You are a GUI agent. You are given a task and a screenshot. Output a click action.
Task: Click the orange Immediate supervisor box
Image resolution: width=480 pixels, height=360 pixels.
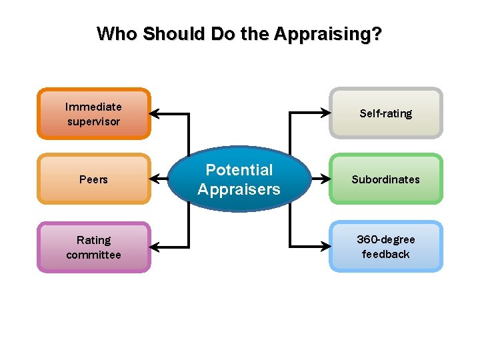click(93, 114)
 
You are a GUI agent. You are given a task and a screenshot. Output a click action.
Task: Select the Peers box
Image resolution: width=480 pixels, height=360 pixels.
click(93, 179)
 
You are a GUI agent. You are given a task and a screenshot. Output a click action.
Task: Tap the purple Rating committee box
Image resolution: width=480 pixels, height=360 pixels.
click(93, 247)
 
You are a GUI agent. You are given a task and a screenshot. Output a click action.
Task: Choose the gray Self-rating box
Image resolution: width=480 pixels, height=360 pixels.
click(386, 113)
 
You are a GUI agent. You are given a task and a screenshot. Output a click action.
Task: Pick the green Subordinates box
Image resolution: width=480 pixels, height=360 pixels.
click(386, 179)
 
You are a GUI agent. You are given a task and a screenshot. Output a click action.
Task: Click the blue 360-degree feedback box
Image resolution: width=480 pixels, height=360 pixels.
click(386, 247)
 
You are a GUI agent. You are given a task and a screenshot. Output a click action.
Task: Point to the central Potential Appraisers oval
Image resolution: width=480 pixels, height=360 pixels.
click(239, 179)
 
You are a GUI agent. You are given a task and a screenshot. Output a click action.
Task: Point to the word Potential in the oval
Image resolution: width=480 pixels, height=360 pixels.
click(239, 170)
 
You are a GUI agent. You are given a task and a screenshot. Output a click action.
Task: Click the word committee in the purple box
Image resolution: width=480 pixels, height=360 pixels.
click(93, 255)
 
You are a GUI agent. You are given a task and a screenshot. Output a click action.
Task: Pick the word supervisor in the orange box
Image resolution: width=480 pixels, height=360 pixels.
click(93, 121)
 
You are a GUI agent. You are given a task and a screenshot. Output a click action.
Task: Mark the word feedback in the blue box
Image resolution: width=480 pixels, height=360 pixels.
click(386, 254)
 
